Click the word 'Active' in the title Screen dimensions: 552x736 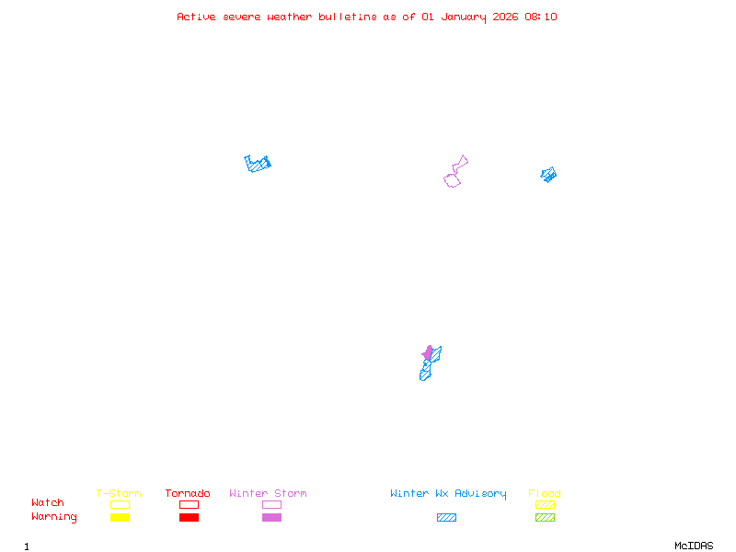pos(197,17)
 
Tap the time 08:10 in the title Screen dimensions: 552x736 pos(540,17)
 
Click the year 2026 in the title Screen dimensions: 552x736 pos(504,17)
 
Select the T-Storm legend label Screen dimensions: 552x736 pos(119,494)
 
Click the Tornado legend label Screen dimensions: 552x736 pos(188,494)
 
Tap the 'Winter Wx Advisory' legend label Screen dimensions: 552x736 pos(448,494)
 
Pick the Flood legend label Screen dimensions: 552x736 pos(545,494)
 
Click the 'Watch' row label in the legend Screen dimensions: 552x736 pos(48,503)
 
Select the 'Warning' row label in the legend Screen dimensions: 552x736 pos(54,517)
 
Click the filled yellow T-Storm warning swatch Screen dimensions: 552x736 pos(120,518)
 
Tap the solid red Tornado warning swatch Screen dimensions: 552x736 pos(189,518)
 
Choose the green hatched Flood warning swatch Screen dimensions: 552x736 pos(545,518)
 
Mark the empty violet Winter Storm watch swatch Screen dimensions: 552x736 pos(271,504)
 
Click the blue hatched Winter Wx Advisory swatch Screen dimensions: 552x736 pos(446,518)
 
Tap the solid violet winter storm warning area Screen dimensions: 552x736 pos(428,352)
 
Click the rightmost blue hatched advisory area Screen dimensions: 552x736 pos(549,174)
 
